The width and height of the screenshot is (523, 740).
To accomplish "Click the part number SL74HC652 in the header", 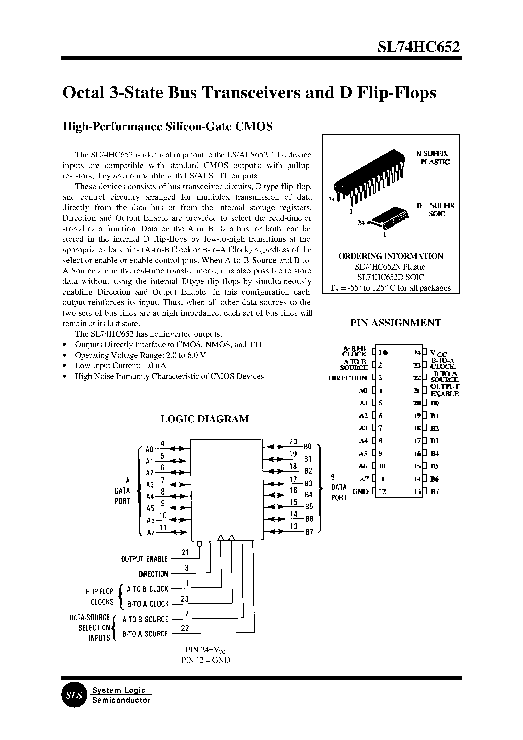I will [x=419, y=47].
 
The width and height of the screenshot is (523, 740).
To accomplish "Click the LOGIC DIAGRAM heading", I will [x=204, y=419].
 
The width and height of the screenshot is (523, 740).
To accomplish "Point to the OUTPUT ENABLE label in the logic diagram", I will [x=144, y=559].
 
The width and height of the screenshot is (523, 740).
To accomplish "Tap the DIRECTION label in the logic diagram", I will [x=153, y=574].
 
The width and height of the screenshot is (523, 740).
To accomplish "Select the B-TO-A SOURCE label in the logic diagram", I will [x=145, y=634].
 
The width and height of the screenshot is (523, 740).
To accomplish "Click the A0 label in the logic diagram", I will [x=149, y=449].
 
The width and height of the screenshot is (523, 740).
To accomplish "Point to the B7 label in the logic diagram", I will [x=309, y=532].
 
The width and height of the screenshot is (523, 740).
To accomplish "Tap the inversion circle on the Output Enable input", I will [x=200, y=545].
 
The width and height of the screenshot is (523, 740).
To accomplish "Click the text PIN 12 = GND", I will [x=206, y=660].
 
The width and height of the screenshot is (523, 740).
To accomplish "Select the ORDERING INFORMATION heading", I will [x=391, y=256].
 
